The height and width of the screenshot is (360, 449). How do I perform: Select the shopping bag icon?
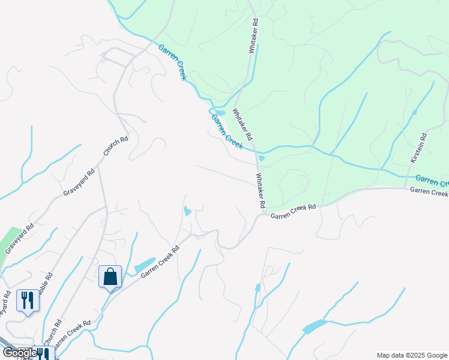coord(110,277)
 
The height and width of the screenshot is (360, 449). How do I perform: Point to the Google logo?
coord(20,353)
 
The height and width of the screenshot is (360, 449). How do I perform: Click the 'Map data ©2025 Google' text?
coord(412,355)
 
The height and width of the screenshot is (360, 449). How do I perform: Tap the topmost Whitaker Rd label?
coord(255,37)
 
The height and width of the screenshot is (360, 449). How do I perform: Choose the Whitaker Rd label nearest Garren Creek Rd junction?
coord(261,191)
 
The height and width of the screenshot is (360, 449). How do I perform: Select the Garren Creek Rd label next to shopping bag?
coord(160,261)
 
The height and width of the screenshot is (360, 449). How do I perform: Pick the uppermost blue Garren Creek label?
coord(173,62)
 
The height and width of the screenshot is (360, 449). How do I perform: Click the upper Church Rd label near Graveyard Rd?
coord(116,147)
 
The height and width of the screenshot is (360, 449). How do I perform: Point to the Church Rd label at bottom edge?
coord(55,334)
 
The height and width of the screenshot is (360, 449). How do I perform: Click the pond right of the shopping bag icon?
coord(144,265)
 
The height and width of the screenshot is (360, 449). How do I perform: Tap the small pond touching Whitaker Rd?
coord(261,158)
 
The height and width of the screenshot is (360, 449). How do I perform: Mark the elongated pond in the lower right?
coord(315,327)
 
